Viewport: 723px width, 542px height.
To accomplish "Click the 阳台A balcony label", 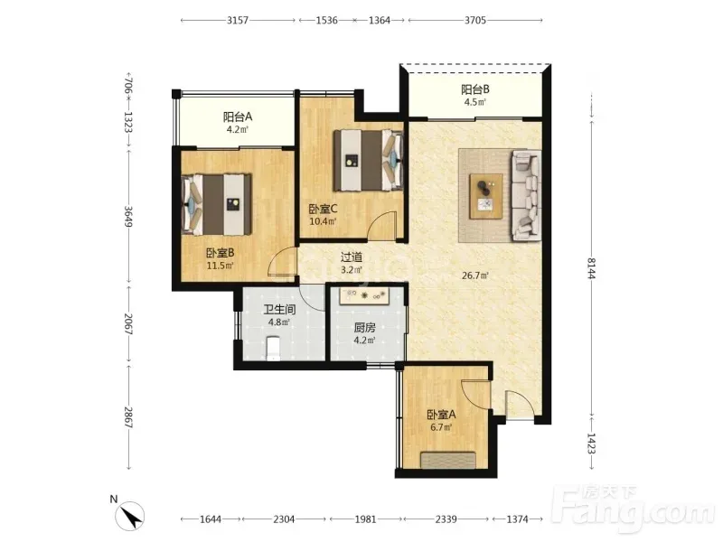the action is [238, 117].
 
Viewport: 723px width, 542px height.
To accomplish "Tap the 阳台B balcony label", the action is [475, 89].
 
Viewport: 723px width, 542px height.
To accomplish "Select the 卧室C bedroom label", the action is [323, 210].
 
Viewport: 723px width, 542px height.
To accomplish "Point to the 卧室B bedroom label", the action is [220, 253].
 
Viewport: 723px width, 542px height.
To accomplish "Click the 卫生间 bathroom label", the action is [279, 310].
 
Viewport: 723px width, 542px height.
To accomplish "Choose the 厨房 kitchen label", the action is [364, 328].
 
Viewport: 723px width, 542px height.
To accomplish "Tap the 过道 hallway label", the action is [351, 257].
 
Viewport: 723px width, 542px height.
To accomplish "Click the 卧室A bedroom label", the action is [441, 415].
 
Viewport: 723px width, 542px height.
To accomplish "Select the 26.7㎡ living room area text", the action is [475, 276].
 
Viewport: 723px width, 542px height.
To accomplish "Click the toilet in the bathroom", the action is [273, 349].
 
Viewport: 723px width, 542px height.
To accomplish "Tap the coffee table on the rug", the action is [486, 196].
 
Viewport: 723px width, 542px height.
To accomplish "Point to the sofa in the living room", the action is [525, 195].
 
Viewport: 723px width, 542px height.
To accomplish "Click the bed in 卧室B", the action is [217, 204].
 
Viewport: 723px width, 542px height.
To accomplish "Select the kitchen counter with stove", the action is [365, 295].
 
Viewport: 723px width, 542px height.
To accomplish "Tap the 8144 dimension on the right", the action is [592, 267].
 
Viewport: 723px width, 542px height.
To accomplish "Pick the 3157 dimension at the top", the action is [238, 20].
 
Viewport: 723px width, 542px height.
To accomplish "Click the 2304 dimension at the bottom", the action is [284, 519].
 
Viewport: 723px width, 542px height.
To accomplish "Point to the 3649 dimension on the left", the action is [128, 216].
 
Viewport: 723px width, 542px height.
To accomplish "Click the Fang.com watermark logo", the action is [634, 508].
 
